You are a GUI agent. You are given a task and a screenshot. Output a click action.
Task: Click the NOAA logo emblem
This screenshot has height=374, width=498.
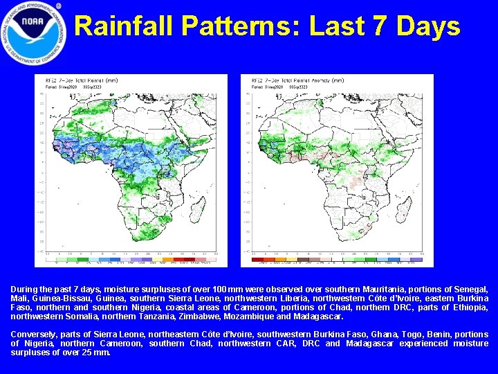[34, 33]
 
